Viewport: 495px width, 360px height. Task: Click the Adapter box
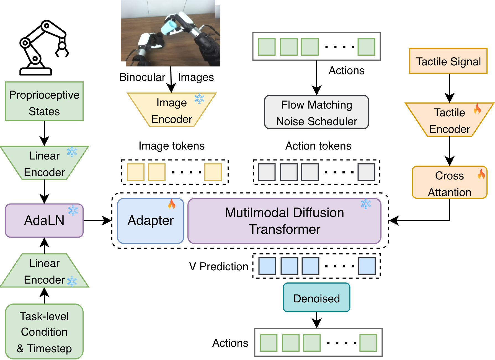(x=151, y=221)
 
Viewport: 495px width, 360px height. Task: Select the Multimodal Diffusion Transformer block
(x=284, y=221)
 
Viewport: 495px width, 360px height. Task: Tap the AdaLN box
(x=44, y=220)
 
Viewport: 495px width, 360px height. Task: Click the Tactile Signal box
(x=448, y=61)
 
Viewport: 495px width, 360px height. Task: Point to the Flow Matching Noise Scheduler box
(x=316, y=112)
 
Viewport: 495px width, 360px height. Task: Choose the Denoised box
(x=316, y=297)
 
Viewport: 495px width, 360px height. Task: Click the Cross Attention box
(x=449, y=182)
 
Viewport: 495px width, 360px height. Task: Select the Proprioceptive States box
(x=44, y=101)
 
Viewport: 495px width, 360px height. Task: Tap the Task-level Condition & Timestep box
(x=44, y=331)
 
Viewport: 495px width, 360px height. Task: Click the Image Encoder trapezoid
(x=172, y=110)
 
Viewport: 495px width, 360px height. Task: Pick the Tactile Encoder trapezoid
(x=449, y=120)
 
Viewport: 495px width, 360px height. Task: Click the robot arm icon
(x=44, y=47)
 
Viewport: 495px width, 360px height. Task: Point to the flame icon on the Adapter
(x=172, y=204)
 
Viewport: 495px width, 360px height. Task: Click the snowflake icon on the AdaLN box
(x=73, y=210)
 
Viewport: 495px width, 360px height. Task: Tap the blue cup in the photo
(x=169, y=27)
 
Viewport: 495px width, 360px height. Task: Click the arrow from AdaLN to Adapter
(x=97, y=221)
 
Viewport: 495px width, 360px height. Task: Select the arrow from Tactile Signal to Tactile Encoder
(x=449, y=88)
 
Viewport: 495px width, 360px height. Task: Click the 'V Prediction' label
(x=219, y=266)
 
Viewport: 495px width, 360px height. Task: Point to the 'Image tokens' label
(x=172, y=146)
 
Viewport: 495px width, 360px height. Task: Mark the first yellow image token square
(x=136, y=172)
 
